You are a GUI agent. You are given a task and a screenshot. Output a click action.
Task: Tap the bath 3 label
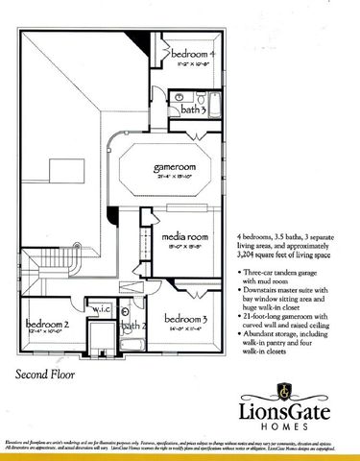[x=195, y=110]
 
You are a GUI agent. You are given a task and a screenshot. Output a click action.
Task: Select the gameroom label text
[x=175, y=167]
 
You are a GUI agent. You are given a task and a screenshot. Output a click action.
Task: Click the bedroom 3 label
[x=186, y=318]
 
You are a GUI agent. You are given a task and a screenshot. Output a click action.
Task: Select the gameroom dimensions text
[x=175, y=177]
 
